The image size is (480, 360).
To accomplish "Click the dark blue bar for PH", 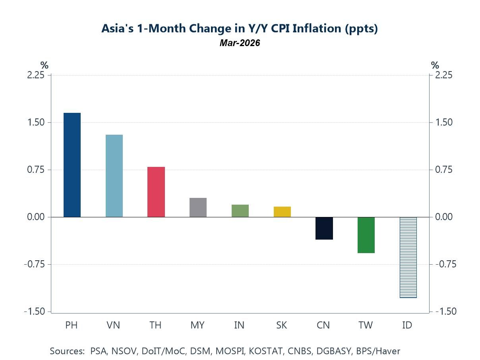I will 72,165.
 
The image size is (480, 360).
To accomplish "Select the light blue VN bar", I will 114,176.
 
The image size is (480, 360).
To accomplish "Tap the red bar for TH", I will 156,192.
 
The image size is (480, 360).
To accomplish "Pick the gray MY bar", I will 198,207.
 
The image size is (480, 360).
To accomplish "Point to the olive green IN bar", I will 240,211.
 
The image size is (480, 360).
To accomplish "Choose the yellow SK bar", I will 282,212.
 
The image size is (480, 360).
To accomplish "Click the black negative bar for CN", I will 324,228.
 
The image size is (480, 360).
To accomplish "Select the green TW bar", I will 366,235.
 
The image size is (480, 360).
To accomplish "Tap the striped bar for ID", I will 408,257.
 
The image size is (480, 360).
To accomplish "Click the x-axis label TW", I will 366,325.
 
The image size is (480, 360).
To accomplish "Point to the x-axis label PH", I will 72,325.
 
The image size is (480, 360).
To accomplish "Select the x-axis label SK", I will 282,325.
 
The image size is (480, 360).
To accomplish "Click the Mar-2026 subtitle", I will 240,43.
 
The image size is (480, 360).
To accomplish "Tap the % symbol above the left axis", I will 44,65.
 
